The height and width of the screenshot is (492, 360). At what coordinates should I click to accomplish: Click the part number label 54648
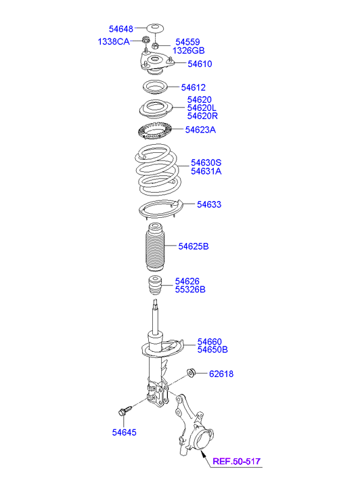[121, 29]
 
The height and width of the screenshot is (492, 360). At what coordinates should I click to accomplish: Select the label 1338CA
[114, 41]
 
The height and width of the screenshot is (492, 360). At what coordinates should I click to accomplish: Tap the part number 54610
[200, 64]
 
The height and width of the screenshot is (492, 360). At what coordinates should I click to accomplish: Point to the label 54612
[193, 87]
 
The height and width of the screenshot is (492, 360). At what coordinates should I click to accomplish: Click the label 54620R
[202, 116]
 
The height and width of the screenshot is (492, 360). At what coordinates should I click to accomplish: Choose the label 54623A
[200, 129]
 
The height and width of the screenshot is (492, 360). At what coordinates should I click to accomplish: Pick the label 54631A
[206, 171]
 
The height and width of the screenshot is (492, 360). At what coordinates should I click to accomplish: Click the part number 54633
[209, 204]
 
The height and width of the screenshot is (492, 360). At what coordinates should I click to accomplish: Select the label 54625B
[194, 246]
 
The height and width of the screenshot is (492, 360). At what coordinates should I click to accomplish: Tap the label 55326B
[190, 289]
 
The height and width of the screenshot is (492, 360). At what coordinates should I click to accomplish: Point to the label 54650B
[212, 350]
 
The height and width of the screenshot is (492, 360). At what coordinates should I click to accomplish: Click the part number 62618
[221, 374]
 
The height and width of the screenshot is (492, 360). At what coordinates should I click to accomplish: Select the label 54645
[125, 432]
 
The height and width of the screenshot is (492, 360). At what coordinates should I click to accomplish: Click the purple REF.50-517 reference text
[237, 462]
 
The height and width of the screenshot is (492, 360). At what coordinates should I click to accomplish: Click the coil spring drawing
[158, 169]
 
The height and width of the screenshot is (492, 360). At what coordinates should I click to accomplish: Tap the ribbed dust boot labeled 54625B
[154, 246]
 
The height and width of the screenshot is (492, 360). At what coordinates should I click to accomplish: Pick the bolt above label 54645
[125, 410]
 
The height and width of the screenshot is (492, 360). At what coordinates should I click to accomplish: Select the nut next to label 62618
[191, 372]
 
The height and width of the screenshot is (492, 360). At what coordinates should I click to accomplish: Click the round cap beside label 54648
[155, 28]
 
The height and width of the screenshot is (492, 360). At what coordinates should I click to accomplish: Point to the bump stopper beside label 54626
[154, 285]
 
